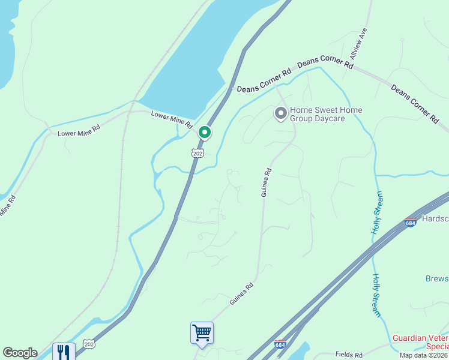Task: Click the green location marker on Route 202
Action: pyautogui.click(x=205, y=132)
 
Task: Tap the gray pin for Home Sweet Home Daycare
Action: pyautogui.click(x=280, y=113)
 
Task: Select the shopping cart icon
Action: pyautogui.click(x=202, y=332)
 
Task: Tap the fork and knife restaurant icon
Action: pyautogui.click(x=63, y=352)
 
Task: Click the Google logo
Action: pyautogui.click(x=20, y=353)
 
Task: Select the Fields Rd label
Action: pyautogui.click(x=349, y=355)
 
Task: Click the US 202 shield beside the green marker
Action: pyautogui.click(x=197, y=153)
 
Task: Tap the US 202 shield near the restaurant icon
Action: pyautogui.click(x=89, y=343)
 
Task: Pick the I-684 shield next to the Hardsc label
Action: pyautogui.click(x=411, y=223)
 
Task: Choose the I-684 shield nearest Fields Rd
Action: pyautogui.click(x=280, y=344)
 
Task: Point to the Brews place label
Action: pyautogui.click(x=436, y=279)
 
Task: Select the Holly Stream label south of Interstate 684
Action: pyautogui.click(x=376, y=295)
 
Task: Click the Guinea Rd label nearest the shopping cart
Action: pyautogui.click(x=242, y=293)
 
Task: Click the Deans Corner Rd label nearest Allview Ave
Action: pyautogui.click(x=325, y=62)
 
